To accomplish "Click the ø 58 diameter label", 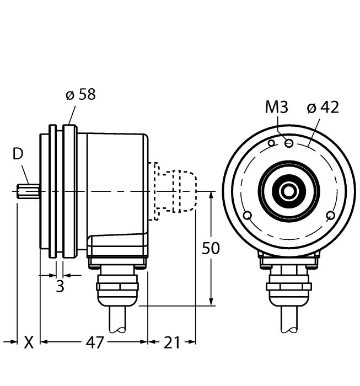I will point(80,94).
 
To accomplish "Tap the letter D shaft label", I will point(18,154).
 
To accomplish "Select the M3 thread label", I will point(277,107).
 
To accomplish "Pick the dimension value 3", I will point(60,287).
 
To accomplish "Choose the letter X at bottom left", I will point(29,342).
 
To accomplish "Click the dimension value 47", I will point(94,342).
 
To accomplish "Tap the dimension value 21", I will point(172,342).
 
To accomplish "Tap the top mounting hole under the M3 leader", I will point(288,143).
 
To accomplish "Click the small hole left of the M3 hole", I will point(271,144).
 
